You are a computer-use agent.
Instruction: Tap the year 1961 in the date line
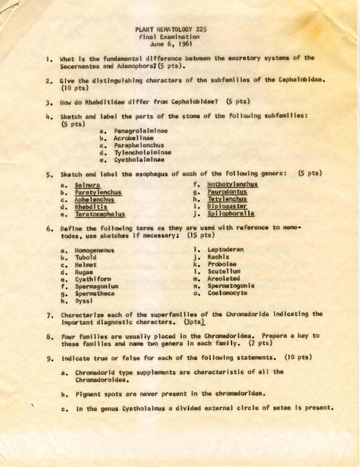coord(183,44)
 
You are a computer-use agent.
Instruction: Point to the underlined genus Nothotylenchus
coord(232,185)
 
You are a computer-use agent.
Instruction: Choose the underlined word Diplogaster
coord(227,207)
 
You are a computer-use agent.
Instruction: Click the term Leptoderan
coord(225,249)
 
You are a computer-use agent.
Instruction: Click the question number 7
coord(51,314)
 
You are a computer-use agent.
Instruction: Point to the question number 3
coord(51,103)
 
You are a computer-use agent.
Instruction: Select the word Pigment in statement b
coord(88,393)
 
